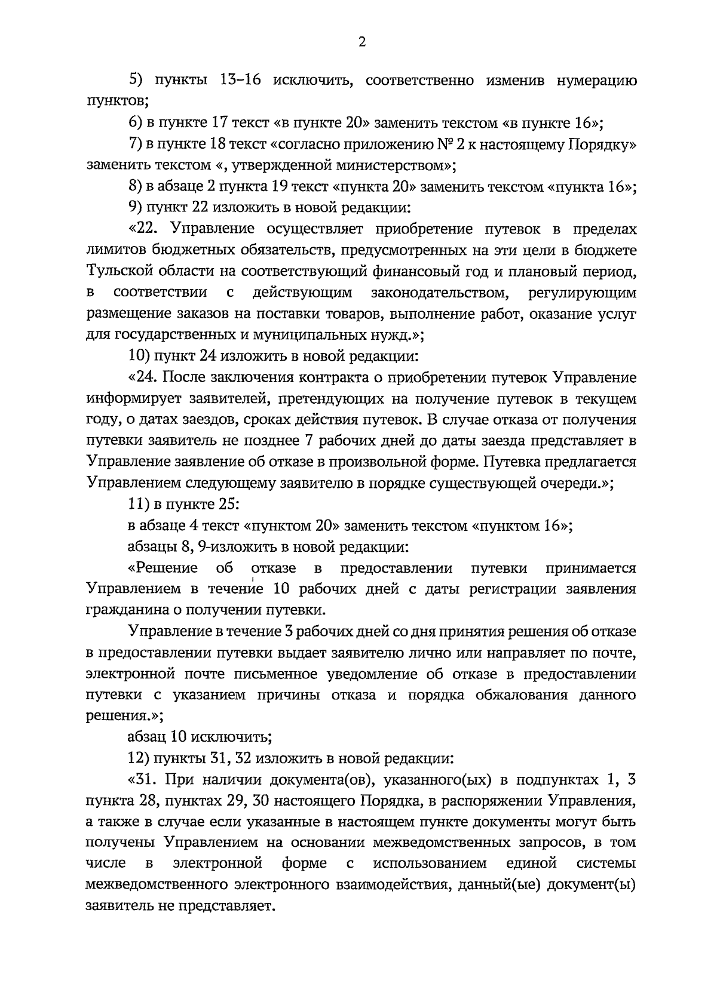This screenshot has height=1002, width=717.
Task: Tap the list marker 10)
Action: coord(140,357)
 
